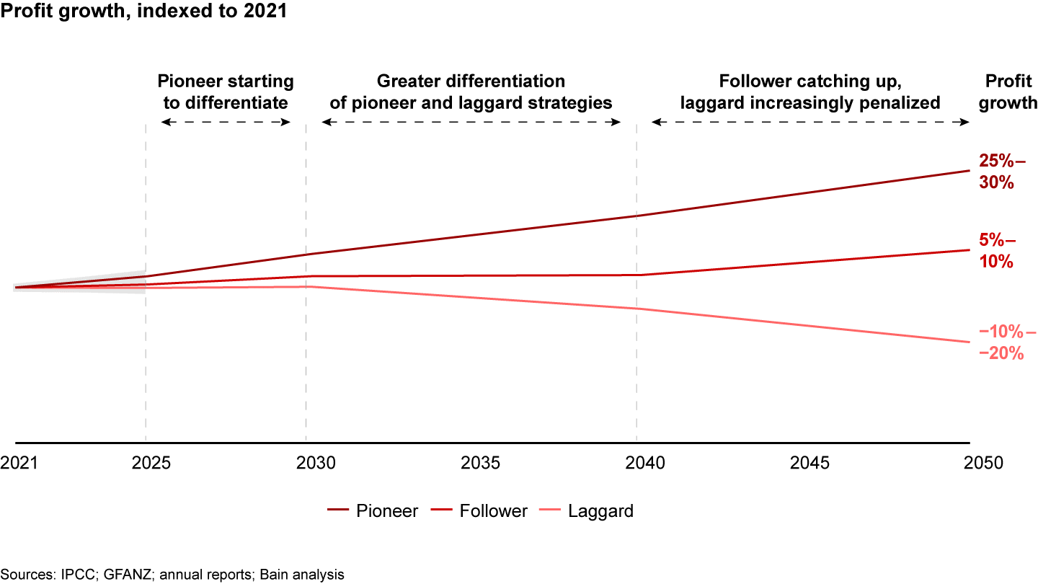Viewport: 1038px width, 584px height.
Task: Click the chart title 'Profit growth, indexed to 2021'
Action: tap(144, 12)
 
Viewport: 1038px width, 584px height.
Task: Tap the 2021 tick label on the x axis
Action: tap(19, 462)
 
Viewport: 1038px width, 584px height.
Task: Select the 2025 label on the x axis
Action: tap(151, 462)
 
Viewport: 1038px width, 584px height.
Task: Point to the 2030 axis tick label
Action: tap(316, 462)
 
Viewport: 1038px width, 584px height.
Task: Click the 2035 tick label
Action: tap(481, 462)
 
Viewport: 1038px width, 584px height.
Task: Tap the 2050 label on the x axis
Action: tap(983, 462)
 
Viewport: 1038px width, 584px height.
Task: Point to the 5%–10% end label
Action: tap(997, 250)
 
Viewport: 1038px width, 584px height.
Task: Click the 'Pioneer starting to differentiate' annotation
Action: tap(225, 92)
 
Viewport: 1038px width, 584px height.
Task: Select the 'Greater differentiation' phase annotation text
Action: tap(471, 92)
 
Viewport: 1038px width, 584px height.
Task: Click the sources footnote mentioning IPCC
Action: tap(172, 575)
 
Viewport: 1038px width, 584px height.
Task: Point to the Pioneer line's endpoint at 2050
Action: tap(969, 171)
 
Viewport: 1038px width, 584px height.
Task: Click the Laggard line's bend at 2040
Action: tap(636, 309)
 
